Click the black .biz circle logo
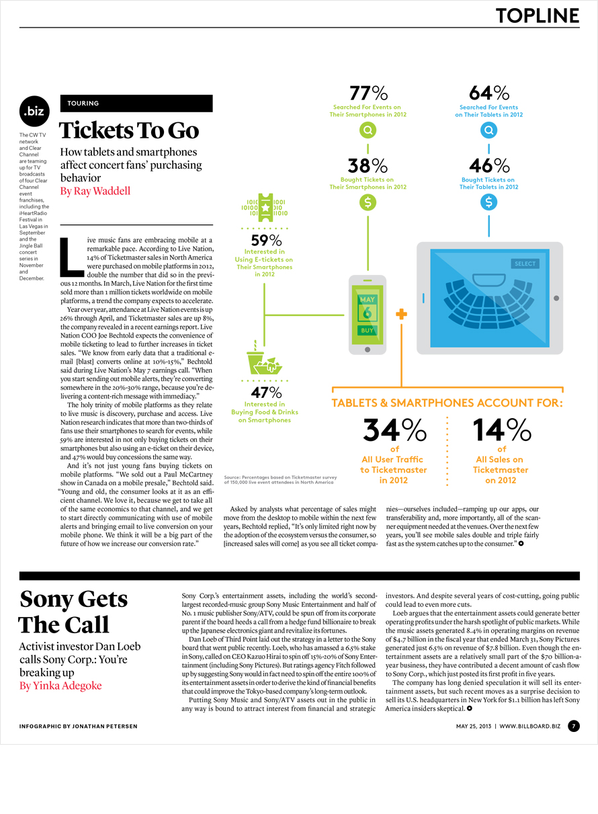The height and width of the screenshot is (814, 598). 34,111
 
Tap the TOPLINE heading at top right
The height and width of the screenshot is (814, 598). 538,15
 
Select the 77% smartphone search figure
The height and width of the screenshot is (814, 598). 368,93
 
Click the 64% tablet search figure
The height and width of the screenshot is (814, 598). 489,93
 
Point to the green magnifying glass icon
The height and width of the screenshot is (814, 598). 368,130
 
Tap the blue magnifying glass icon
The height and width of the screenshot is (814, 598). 488,130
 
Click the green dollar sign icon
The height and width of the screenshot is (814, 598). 368,202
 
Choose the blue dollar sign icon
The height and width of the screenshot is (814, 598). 488,202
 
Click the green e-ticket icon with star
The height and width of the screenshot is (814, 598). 265,208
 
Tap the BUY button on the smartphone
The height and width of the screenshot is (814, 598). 367,330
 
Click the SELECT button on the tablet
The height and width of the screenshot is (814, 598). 525,263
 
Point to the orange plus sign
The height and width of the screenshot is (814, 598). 401,314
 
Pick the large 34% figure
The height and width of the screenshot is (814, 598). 394,430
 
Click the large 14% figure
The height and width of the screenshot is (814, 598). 502,430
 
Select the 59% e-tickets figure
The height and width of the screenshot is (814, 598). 266,240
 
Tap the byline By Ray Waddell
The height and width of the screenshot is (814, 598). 95,191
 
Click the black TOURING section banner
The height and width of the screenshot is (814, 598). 136,104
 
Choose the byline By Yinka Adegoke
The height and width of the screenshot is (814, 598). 60,686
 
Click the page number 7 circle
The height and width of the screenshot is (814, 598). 574,727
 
